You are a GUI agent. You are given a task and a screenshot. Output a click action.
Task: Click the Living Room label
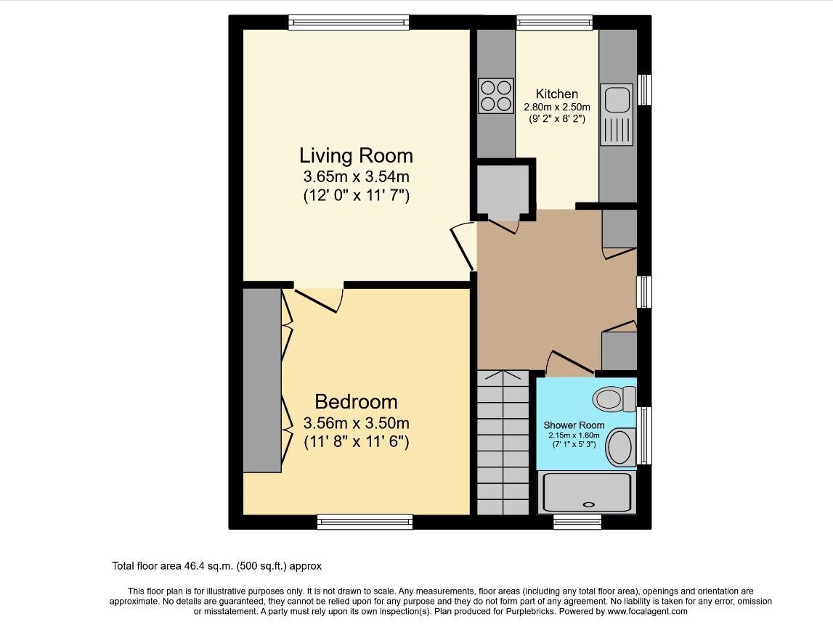pyautogui.click(x=356, y=155)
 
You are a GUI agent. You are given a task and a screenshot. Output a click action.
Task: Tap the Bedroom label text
pyautogui.click(x=356, y=402)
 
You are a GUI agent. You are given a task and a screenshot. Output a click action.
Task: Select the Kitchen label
pyautogui.click(x=557, y=94)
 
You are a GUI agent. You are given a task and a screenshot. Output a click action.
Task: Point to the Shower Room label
pyautogui.click(x=574, y=425)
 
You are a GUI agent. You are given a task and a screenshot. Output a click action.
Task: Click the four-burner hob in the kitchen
pyautogui.click(x=496, y=96)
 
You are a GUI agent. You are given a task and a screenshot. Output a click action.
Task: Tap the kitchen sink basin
pyautogui.click(x=617, y=101)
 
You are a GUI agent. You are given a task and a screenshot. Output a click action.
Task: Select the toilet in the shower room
pyautogui.click(x=614, y=398)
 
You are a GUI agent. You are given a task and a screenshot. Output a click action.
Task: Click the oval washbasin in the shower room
pyautogui.click(x=620, y=448)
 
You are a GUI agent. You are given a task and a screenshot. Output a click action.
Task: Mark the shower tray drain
pyautogui.click(x=589, y=505)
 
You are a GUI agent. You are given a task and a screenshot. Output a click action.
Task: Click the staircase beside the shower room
pyautogui.click(x=503, y=442)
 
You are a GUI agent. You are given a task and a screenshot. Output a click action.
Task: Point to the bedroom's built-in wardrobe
pyautogui.click(x=262, y=380)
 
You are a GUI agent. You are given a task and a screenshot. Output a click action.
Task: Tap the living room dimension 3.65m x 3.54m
pyautogui.click(x=356, y=176)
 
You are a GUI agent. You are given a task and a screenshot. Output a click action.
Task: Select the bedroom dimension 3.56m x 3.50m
pyautogui.click(x=356, y=423)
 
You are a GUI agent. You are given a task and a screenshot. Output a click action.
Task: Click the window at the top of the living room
pyautogui.click(x=349, y=22)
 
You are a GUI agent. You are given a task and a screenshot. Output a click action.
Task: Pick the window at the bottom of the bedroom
pyautogui.click(x=365, y=521)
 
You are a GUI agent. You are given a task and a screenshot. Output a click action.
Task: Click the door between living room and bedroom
pyautogui.click(x=317, y=300)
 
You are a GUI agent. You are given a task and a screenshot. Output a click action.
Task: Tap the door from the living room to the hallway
pyautogui.click(x=463, y=247)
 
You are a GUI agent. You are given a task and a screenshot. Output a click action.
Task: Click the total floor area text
pyautogui.click(x=216, y=566)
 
